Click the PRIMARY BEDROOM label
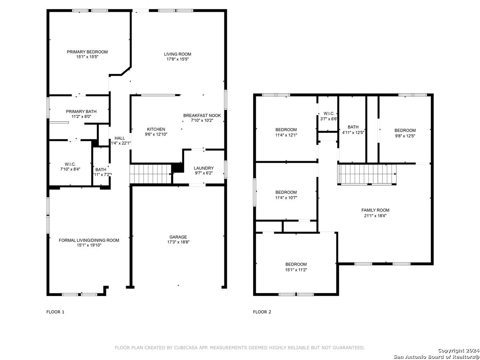click(87, 52)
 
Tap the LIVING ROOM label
click(177, 54)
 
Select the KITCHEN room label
click(156, 129)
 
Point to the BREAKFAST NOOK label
click(202, 116)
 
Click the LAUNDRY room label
click(204, 168)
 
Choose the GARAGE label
click(178, 237)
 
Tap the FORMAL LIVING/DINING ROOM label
click(89, 240)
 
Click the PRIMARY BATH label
click(81, 112)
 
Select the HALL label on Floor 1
click(120, 138)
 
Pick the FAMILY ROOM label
click(375, 210)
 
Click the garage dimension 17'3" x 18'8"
click(178, 242)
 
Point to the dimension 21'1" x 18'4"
click(375, 216)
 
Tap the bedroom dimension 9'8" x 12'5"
click(405, 136)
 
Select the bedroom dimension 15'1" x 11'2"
click(296, 270)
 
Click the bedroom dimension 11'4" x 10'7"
click(286, 198)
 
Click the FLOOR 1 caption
click(55, 312)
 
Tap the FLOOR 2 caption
click(262, 312)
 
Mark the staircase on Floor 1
click(150, 174)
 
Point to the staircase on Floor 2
click(367, 174)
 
